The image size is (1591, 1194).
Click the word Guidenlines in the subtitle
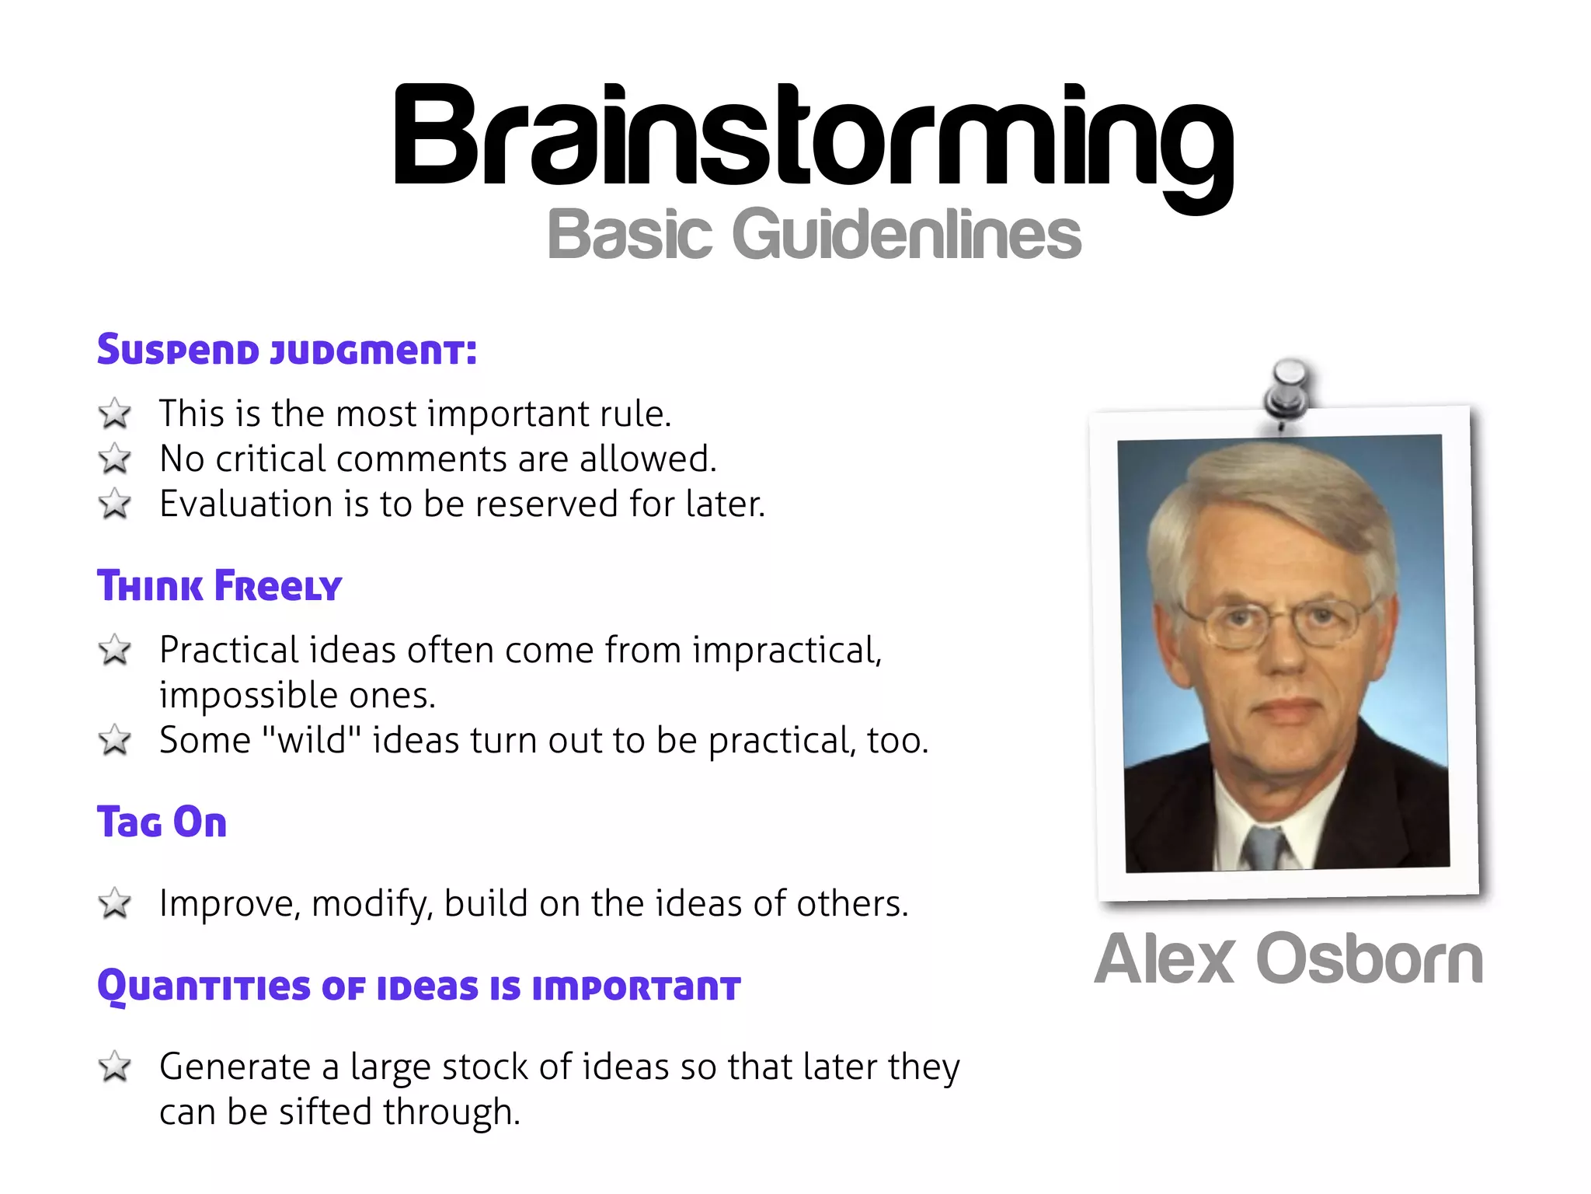tap(906, 235)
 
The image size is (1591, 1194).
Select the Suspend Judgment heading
tap(287, 350)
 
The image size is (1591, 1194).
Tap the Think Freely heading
tap(219, 586)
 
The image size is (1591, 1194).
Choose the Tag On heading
tap(162, 822)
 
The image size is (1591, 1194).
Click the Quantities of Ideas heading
tap(419, 987)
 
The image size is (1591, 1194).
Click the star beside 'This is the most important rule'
tap(115, 414)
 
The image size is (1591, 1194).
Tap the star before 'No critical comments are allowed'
tap(115, 459)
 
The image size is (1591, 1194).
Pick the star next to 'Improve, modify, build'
tap(115, 903)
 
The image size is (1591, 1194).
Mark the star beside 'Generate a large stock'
tap(115, 1067)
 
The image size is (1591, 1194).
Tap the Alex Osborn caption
tap(1288, 959)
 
